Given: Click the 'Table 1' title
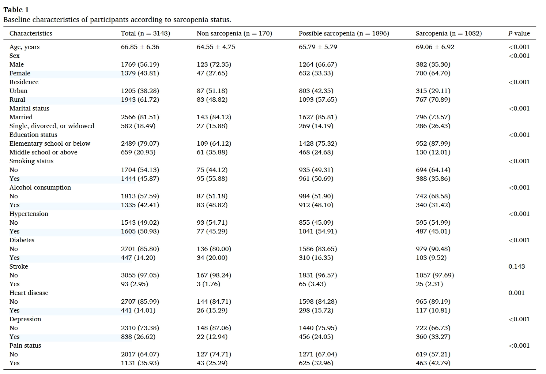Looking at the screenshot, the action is click(x=16, y=10).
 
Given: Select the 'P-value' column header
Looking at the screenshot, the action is click(x=519, y=33).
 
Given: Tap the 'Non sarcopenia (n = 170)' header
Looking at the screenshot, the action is click(x=234, y=33).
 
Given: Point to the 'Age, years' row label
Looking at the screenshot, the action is click(x=25, y=47).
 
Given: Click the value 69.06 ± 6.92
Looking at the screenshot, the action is click(x=435, y=47).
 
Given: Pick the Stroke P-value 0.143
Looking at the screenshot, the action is click(x=516, y=266).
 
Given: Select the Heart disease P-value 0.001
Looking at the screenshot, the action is click(x=516, y=293).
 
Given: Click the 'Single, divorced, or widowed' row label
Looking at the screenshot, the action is click(x=52, y=126).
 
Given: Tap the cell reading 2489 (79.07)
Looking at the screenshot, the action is click(x=140, y=143).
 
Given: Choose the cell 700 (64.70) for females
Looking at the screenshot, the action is click(x=433, y=73).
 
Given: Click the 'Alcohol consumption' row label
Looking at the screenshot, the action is click(x=40, y=187).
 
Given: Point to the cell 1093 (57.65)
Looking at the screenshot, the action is click(x=318, y=100).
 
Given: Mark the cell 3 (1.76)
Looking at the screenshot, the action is click(x=208, y=284).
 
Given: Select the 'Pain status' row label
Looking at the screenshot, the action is click(x=25, y=345).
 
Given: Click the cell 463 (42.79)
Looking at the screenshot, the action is click(x=433, y=363).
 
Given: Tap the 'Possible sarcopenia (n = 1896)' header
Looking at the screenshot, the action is click(x=344, y=33).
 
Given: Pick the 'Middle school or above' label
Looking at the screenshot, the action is click(x=44, y=152).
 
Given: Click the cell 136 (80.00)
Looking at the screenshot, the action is click(x=214, y=249).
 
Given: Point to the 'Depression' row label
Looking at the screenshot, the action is click(x=25, y=319).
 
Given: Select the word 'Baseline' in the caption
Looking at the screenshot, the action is click(x=17, y=19).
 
